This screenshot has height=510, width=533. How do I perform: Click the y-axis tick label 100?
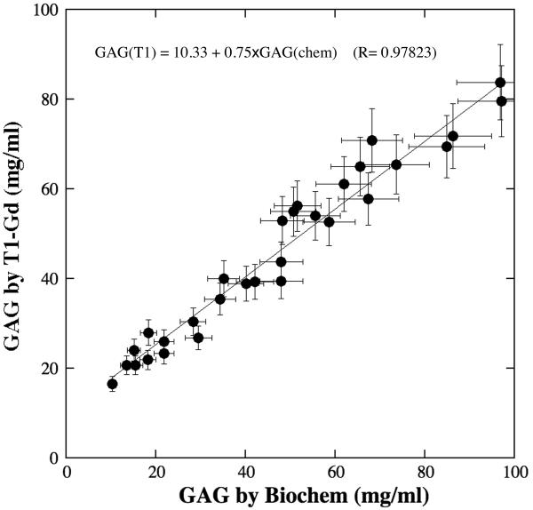coord(47,10)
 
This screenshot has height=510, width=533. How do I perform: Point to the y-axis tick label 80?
coord(50,100)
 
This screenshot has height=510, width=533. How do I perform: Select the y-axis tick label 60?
coord(50,189)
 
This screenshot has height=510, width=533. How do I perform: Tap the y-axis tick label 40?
coord(50,279)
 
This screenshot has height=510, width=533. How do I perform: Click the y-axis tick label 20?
coord(50,369)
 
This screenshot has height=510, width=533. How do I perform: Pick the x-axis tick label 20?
coord(156,471)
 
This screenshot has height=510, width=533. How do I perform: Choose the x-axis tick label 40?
coord(246,471)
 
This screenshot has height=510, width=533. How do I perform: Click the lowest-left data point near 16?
coord(112,384)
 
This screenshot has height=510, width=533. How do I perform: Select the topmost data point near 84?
coord(500,83)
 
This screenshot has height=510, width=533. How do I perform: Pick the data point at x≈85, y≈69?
coord(447,147)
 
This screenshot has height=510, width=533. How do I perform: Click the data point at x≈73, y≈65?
coord(396,164)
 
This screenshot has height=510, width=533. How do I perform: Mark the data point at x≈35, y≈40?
coord(224,278)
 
